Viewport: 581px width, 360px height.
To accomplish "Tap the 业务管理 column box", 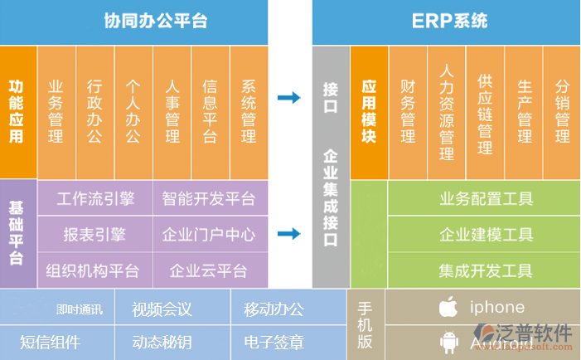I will tap(56, 111).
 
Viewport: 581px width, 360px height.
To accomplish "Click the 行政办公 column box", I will tap(94, 111).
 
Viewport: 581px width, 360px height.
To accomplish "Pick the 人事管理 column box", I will tap(172, 111).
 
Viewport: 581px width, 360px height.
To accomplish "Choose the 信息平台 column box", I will tap(210, 111).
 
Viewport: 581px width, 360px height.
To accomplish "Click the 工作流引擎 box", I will tap(95, 199).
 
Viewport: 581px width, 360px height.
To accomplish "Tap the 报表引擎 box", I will tap(95, 235).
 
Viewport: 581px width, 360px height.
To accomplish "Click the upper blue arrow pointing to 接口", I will tap(289, 98).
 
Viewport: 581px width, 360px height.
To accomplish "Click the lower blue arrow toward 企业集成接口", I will tap(289, 234).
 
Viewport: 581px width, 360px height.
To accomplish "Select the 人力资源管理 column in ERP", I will tap(447, 111).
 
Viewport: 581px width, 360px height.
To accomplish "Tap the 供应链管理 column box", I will tap(485, 111).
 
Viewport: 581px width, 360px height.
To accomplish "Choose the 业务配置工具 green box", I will tap(486, 199).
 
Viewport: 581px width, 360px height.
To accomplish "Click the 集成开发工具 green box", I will tap(486, 270).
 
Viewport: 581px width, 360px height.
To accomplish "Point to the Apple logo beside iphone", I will tap(448, 307).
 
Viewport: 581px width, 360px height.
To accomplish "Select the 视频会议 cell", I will tap(162, 309).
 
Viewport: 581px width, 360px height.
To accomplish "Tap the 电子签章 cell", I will tap(274, 342).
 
